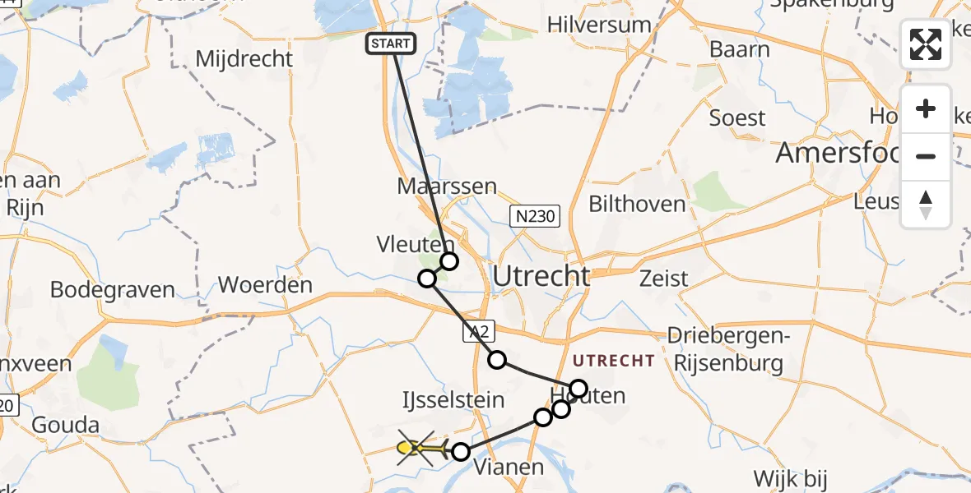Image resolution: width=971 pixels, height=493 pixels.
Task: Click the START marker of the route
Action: [392, 44]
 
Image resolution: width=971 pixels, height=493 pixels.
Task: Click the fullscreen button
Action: [926, 44]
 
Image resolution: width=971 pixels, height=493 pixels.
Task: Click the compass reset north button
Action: [926, 205]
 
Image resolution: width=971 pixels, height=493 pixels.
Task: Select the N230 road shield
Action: [534, 217]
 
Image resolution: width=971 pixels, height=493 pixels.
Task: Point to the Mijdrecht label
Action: [244, 59]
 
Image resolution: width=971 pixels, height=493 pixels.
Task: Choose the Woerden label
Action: [265, 286]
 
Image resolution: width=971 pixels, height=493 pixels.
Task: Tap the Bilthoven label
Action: [637, 204]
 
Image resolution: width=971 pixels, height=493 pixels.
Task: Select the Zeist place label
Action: [664, 279]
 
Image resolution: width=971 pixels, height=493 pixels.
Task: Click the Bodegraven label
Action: [113, 290]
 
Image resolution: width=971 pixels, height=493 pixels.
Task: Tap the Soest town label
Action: [737, 118]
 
